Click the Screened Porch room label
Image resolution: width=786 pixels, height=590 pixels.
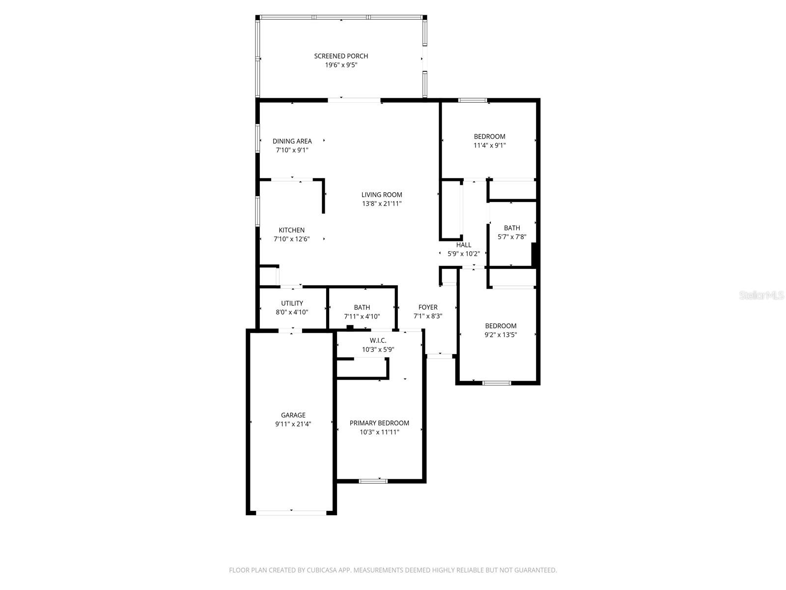tap(341, 56)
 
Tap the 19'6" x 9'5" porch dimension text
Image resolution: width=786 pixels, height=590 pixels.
tap(341, 65)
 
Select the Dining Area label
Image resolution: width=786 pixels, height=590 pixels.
tap(292, 141)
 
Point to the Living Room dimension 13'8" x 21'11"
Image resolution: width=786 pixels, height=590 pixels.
tap(382, 204)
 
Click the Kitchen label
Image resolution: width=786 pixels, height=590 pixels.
tap(291, 230)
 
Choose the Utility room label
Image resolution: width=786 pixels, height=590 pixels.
tap(292, 303)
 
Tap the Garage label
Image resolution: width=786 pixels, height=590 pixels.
tap(293, 415)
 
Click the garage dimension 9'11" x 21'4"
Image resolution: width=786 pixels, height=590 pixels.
tap(293, 424)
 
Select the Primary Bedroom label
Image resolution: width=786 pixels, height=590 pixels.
tap(379, 423)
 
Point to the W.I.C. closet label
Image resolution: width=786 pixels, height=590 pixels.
tap(378, 340)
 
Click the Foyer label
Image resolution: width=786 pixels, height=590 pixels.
tap(428, 307)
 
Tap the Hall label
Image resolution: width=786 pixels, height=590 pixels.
tap(463, 245)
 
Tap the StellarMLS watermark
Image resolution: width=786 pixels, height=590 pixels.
tap(761, 295)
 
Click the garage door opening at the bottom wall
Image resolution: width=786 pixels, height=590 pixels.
tap(291, 512)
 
